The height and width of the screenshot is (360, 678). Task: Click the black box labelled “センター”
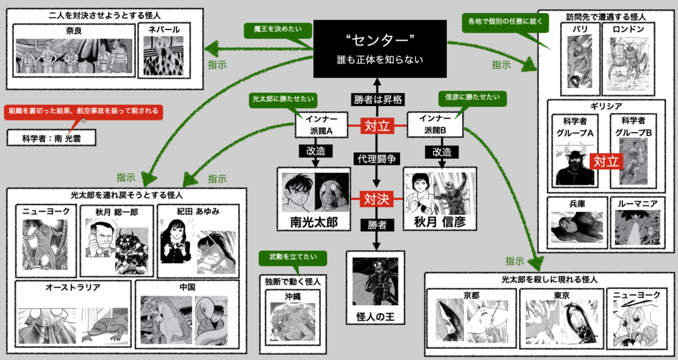coord(379,49)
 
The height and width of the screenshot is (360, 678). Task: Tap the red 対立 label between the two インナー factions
coord(377,126)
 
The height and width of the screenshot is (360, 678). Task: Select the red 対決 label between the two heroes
coord(376,199)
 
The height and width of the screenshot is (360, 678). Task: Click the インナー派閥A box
coord(321,124)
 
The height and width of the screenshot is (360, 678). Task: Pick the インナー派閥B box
coord(435,124)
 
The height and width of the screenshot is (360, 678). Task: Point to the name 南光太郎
coord(313,222)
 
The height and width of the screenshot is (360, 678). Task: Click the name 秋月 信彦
coord(440,222)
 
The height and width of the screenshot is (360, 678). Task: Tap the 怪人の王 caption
coord(375,317)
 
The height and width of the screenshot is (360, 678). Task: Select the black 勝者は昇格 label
coord(378,99)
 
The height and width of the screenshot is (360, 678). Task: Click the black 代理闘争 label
coord(377,159)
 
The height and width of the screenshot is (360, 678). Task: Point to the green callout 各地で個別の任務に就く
coord(505,21)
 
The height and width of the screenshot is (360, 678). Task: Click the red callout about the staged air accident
coord(83,112)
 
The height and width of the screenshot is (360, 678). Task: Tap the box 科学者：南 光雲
coord(52,138)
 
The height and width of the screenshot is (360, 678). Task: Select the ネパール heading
coord(164,30)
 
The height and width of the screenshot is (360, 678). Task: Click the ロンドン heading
coord(628,29)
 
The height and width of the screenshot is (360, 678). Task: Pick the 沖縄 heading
coord(292,297)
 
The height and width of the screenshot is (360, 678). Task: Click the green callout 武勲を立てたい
coord(293,257)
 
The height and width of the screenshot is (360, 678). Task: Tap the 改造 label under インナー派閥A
coord(315,152)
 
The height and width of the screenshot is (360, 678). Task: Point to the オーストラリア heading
coord(73,287)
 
